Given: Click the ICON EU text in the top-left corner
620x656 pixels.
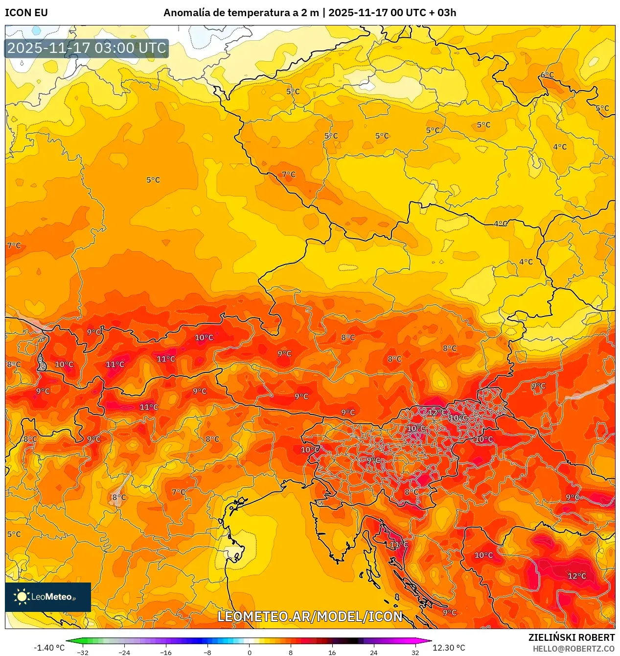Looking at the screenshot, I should [26, 13].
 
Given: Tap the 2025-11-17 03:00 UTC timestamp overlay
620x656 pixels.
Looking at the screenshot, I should [87, 49].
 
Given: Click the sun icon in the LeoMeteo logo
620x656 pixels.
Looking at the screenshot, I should [22, 597].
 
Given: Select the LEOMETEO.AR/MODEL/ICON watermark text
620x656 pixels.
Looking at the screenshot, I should [310, 616].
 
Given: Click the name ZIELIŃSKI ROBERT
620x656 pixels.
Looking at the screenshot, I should [571, 637].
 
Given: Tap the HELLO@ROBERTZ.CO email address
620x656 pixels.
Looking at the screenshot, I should [574, 649].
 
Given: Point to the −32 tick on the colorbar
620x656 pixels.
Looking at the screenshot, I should [83, 652].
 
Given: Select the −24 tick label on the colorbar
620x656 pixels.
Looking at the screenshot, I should [124, 652].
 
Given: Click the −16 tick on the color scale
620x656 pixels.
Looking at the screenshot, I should [166, 652].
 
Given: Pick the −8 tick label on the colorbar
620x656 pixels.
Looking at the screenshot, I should [207, 652].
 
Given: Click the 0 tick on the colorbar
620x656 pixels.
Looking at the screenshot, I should [249, 652].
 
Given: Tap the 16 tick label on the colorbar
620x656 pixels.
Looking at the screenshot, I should [332, 652].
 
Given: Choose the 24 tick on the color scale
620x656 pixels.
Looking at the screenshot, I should [373, 652].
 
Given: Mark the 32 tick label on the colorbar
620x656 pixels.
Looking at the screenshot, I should [415, 652].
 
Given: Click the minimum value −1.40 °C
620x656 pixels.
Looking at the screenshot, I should [49, 648].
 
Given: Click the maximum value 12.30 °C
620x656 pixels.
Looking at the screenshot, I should [449, 648].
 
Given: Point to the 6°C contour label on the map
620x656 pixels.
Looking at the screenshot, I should [547, 75].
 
